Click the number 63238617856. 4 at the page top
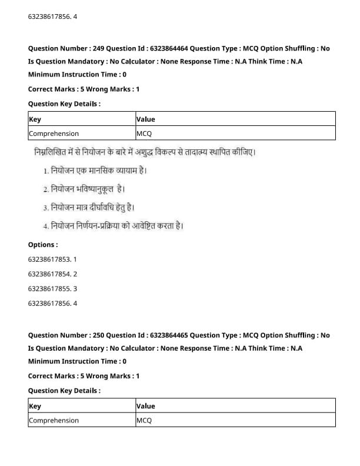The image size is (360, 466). point(52,16)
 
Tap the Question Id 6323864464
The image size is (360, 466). point(141,48)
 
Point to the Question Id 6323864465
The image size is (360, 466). point(141,335)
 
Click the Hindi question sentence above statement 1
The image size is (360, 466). point(145,153)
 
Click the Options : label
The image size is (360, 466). point(43,245)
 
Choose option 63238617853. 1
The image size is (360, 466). point(52,259)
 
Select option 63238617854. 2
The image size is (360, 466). point(52,274)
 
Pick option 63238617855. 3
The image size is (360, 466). point(52,289)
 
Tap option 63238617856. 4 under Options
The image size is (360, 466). point(52,304)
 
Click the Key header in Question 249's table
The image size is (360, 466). point(35,119)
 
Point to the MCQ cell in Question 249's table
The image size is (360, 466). point(144,134)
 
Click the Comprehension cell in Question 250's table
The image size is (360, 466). point(54,420)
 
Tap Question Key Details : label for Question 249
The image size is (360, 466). point(64,104)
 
